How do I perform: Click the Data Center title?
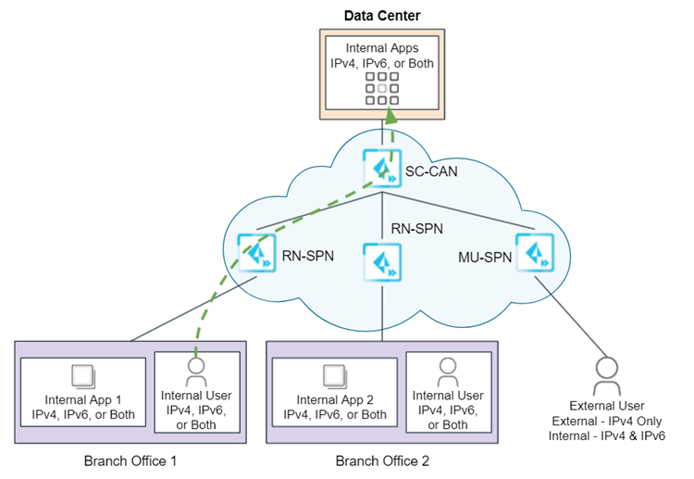pos(382,15)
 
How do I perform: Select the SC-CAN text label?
pos(430,171)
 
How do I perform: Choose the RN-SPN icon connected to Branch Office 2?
pos(383,262)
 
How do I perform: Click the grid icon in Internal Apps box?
pos(382,88)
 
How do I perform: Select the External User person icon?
pos(606,373)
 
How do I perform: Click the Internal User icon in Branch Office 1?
pos(195,372)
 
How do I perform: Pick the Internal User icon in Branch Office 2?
pos(447,372)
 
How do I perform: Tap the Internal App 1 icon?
pos(82,374)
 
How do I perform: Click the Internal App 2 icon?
pos(334,374)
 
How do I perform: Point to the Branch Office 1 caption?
pos(130,460)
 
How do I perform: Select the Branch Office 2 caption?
pos(382,460)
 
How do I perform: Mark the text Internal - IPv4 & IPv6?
pos(606,435)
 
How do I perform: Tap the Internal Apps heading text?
pos(382,47)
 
